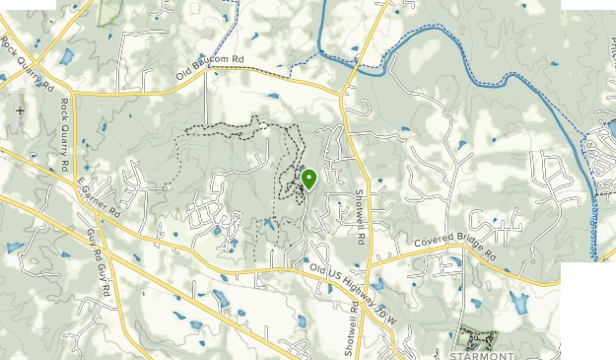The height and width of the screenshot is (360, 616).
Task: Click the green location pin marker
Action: [x=308, y=178]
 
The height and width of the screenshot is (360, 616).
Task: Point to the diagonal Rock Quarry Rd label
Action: [x=27, y=62]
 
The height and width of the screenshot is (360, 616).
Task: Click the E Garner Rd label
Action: [x=99, y=197]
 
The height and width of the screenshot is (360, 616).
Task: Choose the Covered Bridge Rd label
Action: [x=456, y=243]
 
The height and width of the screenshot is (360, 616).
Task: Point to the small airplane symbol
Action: [x=21, y=110]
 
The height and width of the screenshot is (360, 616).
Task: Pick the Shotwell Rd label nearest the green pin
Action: [x=361, y=217]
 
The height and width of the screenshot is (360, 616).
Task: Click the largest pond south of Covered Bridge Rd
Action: [x=519, y=303]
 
